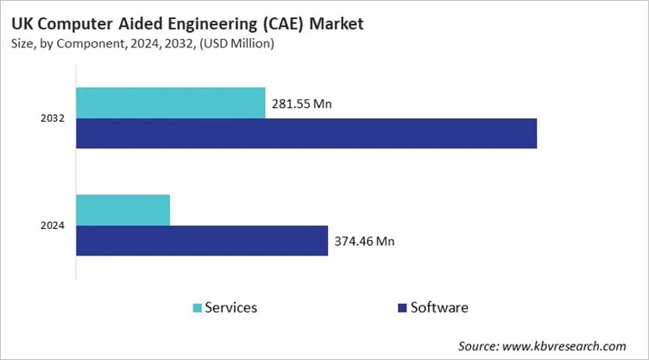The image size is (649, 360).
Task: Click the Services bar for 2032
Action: tap(170, 103)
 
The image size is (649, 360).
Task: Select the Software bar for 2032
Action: tap(306, 133)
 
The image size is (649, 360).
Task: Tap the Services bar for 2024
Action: tap(123, 210)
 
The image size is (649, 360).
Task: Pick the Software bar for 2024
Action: tap(202, 241)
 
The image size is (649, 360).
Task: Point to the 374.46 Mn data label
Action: tap(363, 242)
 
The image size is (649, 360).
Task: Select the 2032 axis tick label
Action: tap(54, 118)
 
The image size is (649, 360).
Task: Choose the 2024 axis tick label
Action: tap(54, 226)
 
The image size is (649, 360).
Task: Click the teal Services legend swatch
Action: tap(198, 307)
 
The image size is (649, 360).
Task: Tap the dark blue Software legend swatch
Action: tap(401, 307)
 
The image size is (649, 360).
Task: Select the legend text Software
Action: tap(440, 307)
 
